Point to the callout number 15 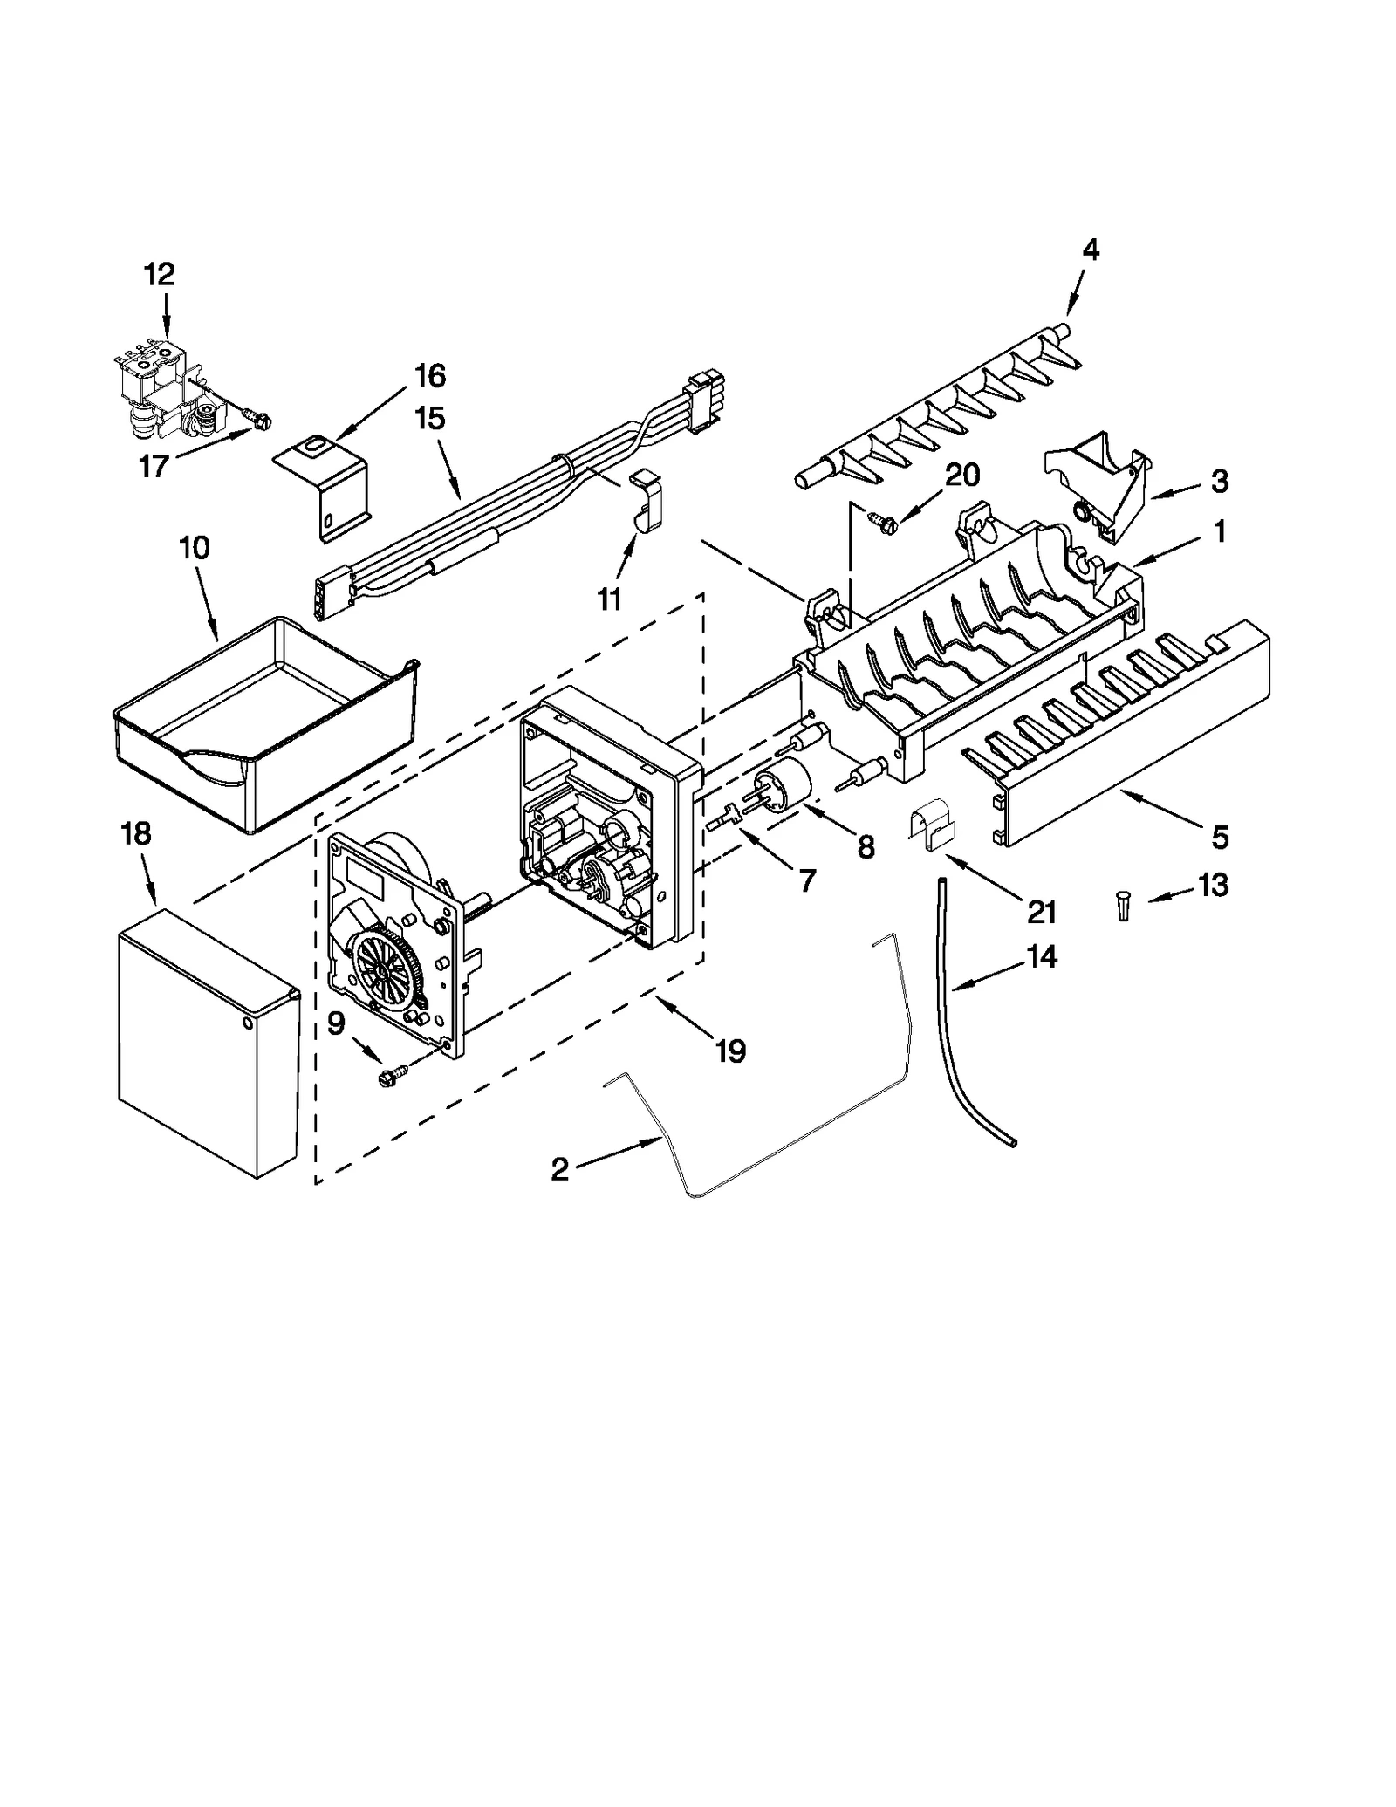[x=429, y=418]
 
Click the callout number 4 [x=1090, y=250]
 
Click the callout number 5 [x=1219, y=837]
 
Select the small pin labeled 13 [x=1123, y=903]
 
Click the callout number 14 [x=1042, y=956]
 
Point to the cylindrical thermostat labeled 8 [x=784, y=781]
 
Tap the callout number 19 [x=730, y=1052]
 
